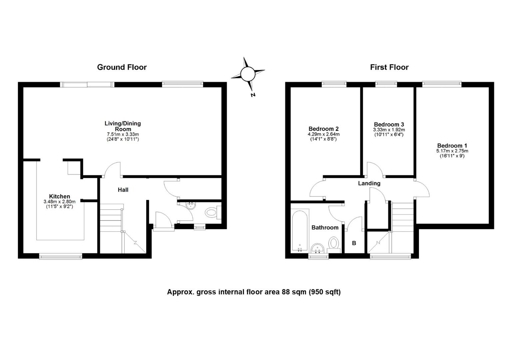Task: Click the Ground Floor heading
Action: tap(122, 67)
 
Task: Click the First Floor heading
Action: tap(389, 67)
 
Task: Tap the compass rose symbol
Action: tap(248, 74)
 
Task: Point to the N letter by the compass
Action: tap(253, 95)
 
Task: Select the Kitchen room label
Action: tap(60, 196)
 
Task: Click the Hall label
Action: tap(123, 190)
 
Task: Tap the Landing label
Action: tap(369, 183)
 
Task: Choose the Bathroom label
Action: tap(325, 228)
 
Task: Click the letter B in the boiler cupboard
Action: tap(354, 243)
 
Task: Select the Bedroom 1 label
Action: tap(452, 146)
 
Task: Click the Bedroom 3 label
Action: tap(389, 124)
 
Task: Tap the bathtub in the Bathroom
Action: tap(300, 230)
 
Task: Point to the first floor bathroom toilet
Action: tap(333, 243)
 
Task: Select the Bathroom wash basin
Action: tap(318, 248)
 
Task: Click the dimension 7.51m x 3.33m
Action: tap(123, 134)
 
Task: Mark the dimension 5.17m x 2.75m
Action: tap(452, 151)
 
